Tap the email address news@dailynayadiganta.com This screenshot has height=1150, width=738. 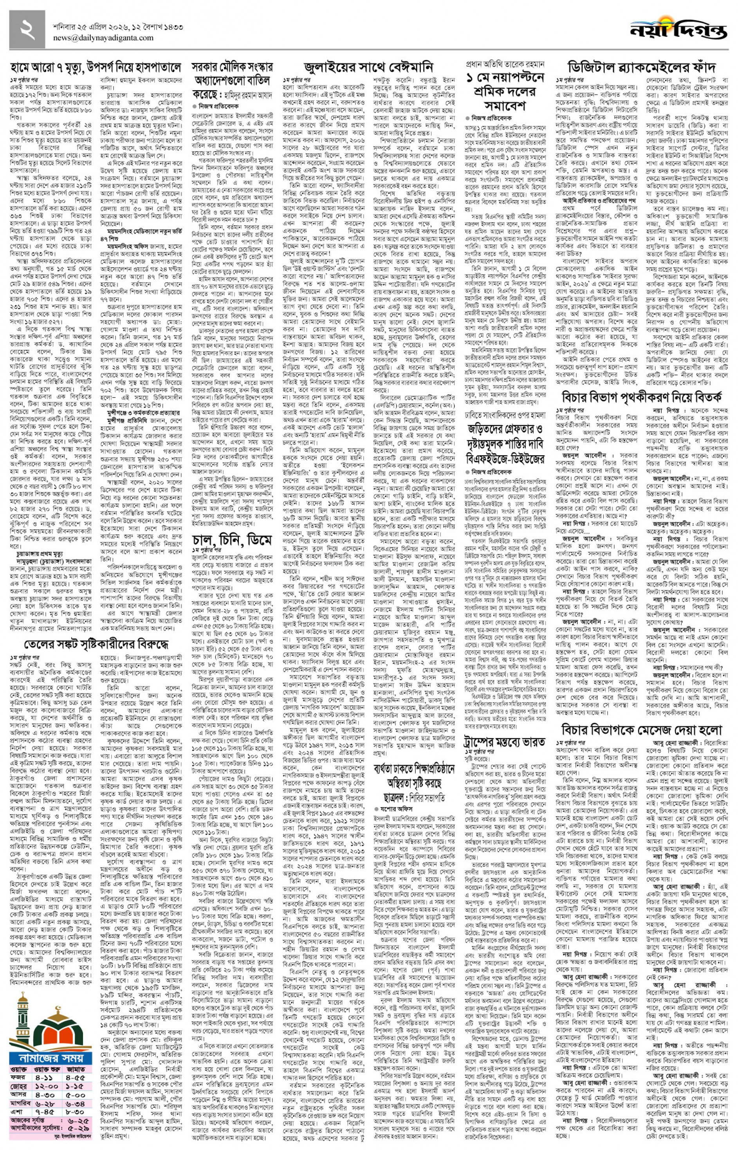click(103, 38)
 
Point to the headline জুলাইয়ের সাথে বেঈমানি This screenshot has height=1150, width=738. click(368, 66)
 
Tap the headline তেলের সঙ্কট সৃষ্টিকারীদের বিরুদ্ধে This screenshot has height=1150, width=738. click(96, 643)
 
